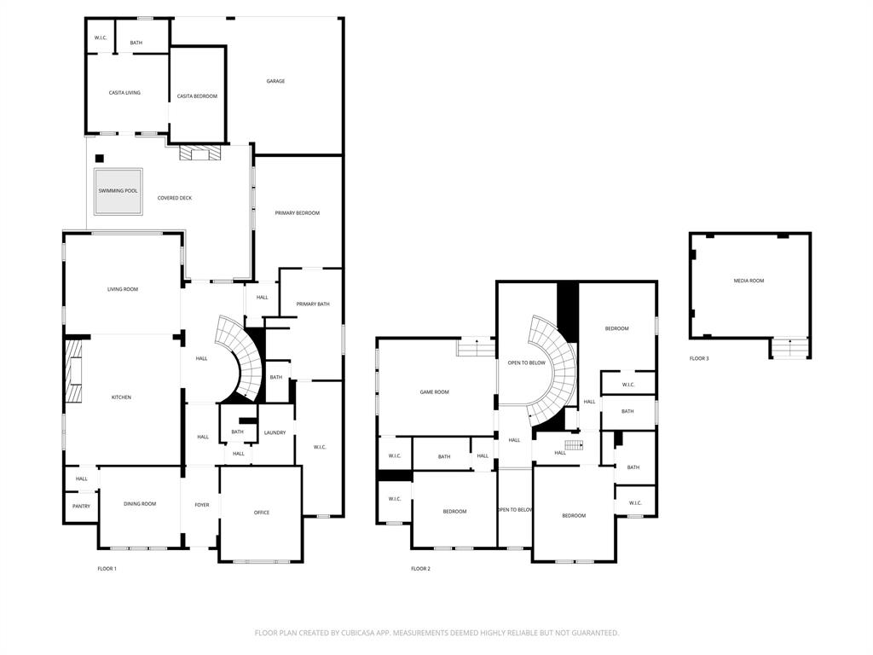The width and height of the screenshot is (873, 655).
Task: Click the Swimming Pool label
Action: tap(118, 191)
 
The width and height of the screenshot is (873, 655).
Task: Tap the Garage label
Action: tap(275, 82)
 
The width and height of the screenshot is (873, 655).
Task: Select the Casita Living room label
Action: tap(124, 93)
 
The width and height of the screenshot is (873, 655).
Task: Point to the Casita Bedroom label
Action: tap(197, 96)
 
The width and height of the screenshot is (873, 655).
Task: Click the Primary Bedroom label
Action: tap(297, 213)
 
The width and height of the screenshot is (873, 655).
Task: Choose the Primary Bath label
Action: tap(312, 304)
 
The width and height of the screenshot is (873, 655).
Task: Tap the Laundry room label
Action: tap(275, 433)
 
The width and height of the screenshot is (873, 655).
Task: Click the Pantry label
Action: tap(81, 507)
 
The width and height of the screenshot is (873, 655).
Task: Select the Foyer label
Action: tap(201, 505)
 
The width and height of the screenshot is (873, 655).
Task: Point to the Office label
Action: tap(262, 513)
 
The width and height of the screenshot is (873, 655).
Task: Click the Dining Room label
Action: tap(140, 504)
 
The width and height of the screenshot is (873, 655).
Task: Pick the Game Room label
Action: tap(434, 392)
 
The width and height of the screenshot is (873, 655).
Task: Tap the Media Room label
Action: tap(749, 281)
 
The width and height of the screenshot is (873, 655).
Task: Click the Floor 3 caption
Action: tap(699, 359)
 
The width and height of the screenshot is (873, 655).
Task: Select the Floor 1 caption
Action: tap(107, 569)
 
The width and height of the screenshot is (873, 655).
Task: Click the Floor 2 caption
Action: tap(420, 569)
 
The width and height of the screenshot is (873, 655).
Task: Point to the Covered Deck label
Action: tap(175, 199)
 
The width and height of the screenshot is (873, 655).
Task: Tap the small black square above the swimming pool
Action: tap(99, 158)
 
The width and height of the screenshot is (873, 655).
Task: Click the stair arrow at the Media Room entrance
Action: tap(790, 347)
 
